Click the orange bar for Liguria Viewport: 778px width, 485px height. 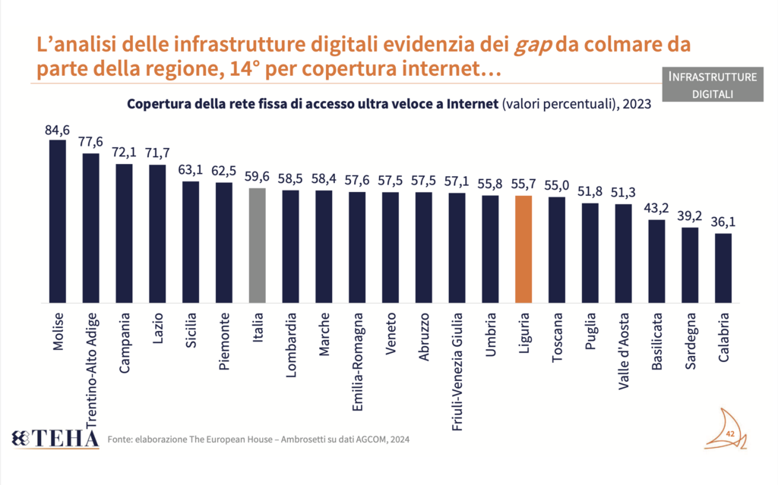click(x=523, y=250)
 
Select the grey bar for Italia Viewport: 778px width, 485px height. click(x=258, y=246)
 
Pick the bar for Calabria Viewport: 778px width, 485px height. click(x=724, y=269)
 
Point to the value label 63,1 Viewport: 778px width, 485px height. click(x=191, y=171)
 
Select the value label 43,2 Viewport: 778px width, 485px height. click(x=657, y=209)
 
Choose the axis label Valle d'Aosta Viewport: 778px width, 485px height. click(x=625, y=350)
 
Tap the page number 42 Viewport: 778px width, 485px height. click(x=730, y=433)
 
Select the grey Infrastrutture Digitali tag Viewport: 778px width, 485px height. click(x=713, y=85)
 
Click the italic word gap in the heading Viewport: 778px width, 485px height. click(x=530, y=45)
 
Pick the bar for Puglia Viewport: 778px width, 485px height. click(x=590, y=254)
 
